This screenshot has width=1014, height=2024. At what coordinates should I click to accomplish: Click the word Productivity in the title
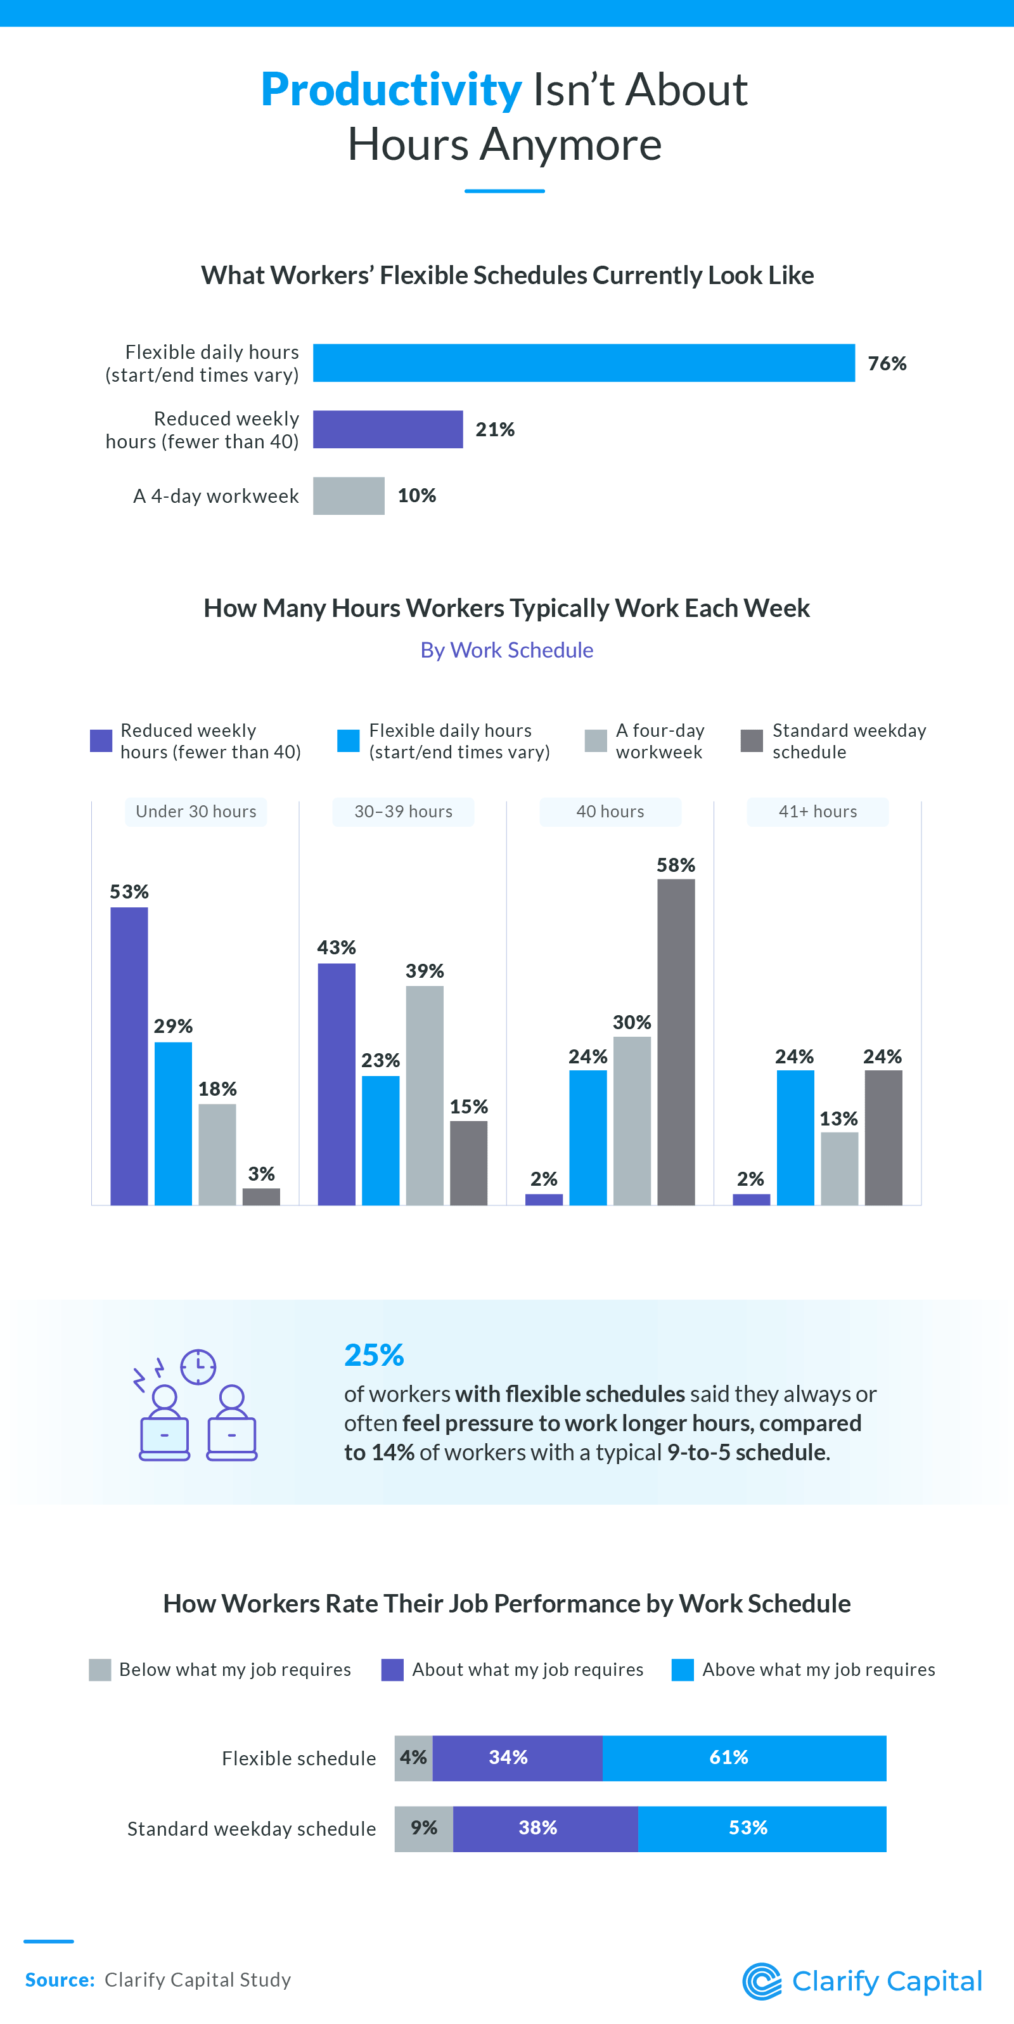390,89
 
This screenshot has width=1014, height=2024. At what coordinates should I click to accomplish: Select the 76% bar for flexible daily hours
583,363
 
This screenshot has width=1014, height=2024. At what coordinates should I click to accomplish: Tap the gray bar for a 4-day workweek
349,496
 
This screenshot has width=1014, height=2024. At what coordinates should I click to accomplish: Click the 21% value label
495,430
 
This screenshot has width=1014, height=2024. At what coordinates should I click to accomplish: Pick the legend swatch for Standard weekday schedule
752,741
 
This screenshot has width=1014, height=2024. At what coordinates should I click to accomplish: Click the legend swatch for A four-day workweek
595,741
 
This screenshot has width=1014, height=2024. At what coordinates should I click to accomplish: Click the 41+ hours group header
817,812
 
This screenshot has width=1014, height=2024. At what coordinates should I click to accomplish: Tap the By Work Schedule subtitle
506,651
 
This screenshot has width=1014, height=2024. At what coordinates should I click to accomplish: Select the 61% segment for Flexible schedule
744,1758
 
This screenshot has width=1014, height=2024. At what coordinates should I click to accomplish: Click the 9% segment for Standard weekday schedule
423,1828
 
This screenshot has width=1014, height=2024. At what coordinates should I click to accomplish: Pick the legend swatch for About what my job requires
392,1670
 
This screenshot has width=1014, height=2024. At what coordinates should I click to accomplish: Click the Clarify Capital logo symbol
762,1981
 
